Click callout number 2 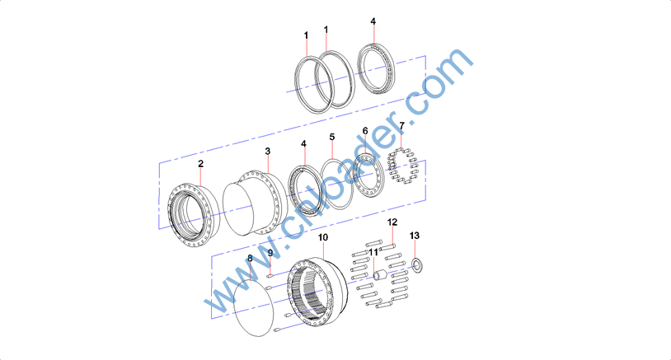click(x=200, y=164)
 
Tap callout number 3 click(x=267, y=152)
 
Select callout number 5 click(x=332, y=138)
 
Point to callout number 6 click(x=365, y=131)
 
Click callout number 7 click(x=401, y=126)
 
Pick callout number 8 click(x=250, y=258)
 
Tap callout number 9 click(x=270, y=253)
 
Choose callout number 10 click(x=323, y=237)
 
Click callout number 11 click(x=373, y=253)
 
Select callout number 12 click(x=392, y=222)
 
